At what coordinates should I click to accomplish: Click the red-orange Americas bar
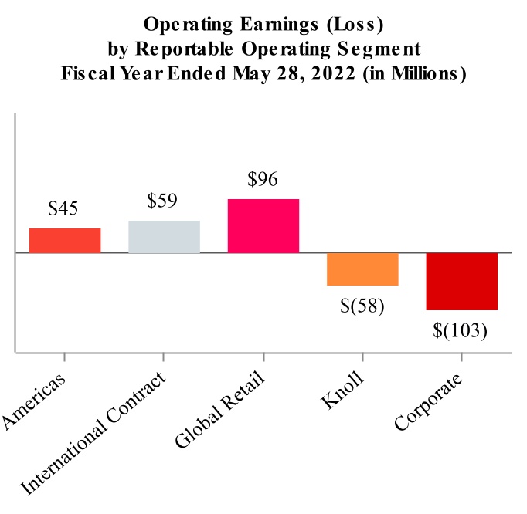(x=65, y=240)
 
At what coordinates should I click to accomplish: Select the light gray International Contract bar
(x=164, y=236)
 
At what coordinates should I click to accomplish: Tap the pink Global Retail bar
(x=263, y=225)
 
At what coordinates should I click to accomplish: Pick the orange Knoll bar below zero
(x=362, y=269)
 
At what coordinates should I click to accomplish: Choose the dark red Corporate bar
(x=462, y=282)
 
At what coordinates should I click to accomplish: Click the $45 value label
(x=64, y=208)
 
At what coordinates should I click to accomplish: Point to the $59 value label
(x=163, y=201)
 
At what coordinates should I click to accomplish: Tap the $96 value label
(x=263, y=178)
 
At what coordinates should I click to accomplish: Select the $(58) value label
(x=362, y=305)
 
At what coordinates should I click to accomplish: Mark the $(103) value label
(x=461, y=330)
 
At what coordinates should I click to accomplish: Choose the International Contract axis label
(x=96, y=436)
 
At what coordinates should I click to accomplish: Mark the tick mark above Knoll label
(x=362, y=357)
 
